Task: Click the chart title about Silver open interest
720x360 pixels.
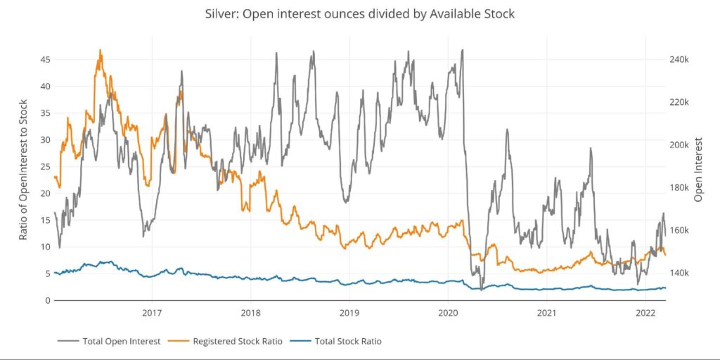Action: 359,14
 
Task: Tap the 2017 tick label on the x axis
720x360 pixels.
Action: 152,311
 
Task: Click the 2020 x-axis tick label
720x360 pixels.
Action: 449,311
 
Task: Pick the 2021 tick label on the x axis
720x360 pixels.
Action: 547,311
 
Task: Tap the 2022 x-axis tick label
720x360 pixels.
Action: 645,311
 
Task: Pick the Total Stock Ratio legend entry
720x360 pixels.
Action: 348,341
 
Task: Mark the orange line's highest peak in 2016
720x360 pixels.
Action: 101,50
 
